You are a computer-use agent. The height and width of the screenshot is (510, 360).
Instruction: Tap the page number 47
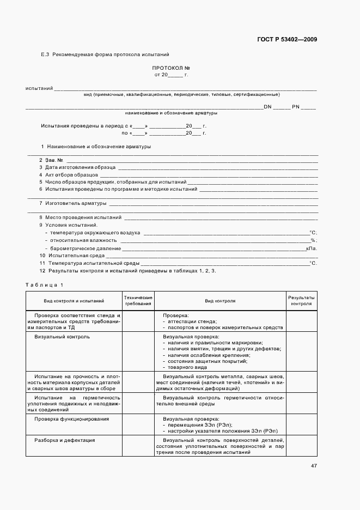(314, 466)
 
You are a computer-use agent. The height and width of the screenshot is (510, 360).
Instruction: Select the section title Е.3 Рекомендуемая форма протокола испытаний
(105, 54)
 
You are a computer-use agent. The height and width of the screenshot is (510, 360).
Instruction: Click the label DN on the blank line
(267, 107)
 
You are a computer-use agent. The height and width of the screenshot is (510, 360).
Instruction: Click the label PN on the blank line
(296, 107)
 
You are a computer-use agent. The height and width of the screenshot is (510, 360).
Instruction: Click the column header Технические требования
(138, 300)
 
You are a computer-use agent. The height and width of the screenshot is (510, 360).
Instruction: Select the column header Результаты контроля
(301, 300)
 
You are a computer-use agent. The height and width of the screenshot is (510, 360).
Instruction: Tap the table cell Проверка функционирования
(71, 419)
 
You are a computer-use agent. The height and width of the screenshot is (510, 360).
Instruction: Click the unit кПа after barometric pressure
(312, 248)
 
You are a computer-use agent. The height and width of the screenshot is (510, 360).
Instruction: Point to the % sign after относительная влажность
(313, 240)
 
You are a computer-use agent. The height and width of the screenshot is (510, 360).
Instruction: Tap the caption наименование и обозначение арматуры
(171, 113)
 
